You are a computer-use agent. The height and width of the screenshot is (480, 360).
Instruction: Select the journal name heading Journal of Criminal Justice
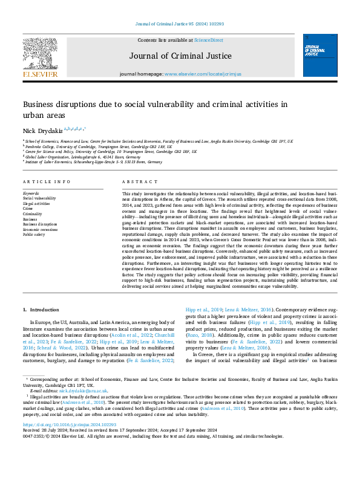point(180,56)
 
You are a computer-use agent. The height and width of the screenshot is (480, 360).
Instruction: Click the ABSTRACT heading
point(136,182)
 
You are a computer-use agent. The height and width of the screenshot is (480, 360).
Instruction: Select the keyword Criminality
point(33,214)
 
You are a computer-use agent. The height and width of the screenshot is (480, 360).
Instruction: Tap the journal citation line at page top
point(180,24)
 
